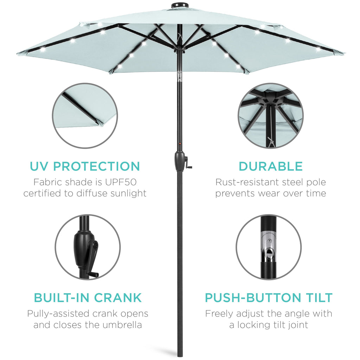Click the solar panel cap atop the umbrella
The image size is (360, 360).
click(x=178, y=6)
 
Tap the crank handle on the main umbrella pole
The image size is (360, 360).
click(x=189, y=163)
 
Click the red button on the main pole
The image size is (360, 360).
click(x=180, y=143)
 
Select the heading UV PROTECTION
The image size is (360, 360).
click(x=85, y=166)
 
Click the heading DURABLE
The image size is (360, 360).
click(x=270, y=166)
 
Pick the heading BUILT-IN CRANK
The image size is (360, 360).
click(x=88, y=298)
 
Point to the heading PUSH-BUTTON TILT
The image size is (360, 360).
click(x=269, y=298)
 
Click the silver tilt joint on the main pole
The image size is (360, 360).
click(x=180, y=77)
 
